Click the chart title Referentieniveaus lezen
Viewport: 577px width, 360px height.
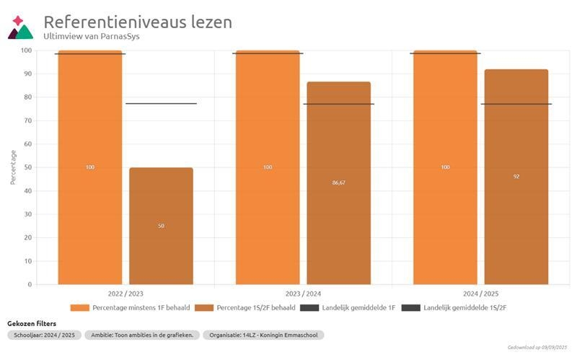tap(138, 22)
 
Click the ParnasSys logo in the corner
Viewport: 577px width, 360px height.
tap(20, 27)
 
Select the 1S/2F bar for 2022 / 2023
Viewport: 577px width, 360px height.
tap(161, 226)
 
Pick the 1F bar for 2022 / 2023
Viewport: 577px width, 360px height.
tap(90, 167)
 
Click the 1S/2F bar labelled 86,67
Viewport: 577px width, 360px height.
tap(339, 183)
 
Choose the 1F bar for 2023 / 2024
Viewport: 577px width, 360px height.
tap(268, 167)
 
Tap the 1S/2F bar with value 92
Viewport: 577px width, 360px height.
tap(516, 177)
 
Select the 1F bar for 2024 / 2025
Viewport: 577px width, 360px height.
tap(445, 167)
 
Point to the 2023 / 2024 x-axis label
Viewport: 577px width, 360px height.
tap(303, 294)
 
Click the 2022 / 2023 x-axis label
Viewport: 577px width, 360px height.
tap(125, 294)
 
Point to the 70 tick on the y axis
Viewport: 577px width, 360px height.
tap(27, 120)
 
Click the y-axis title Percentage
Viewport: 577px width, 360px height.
tap(13, 167)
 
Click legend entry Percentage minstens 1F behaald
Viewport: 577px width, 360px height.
tap(131, 308)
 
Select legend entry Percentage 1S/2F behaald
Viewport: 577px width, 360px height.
tap(245, 308)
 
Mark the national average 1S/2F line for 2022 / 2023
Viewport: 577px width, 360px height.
tap(161, 103)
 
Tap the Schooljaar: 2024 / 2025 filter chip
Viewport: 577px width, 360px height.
tap(43, 335)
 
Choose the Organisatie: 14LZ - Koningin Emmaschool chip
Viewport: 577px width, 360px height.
tap(263, 335)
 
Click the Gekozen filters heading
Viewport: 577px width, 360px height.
tap(32, 323)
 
